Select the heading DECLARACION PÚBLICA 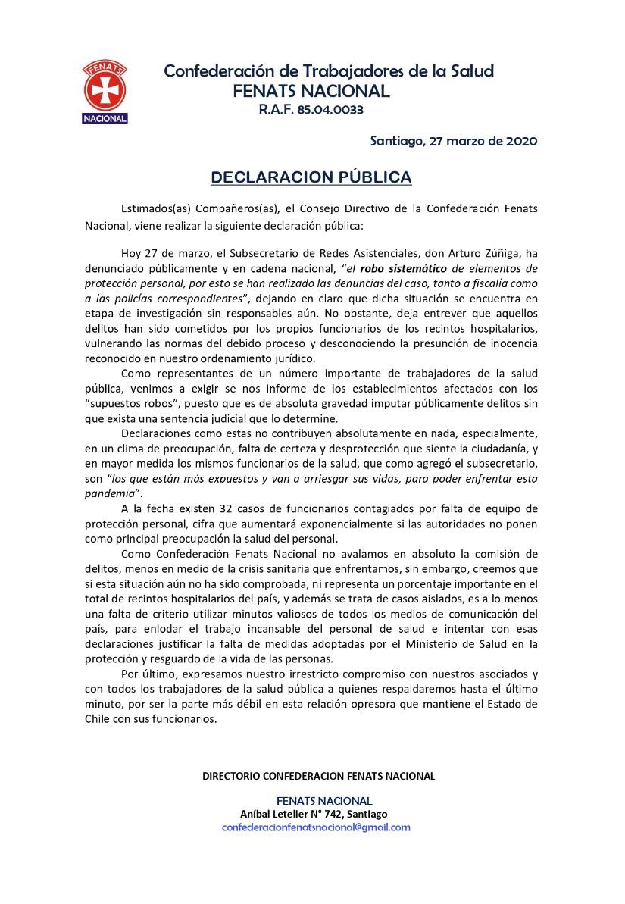pyautogui.click(x=311, y=177)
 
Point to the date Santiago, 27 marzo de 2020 pyautogui.click(x=453, y=141)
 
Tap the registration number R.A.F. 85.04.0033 pyautogui.click(x=311, y=110)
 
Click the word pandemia pyautogui.click(x=109, y=492)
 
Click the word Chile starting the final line pyautogui.click(x=98, y=719)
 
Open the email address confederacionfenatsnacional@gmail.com pyautogui.click(x=316, y=827)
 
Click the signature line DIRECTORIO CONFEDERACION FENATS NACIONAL pyautogui.click(x=318, y=776)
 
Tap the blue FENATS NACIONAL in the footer pyautogui.click(x=324, y=801)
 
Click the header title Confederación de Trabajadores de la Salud pyautogui.click(x=329, y=71)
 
